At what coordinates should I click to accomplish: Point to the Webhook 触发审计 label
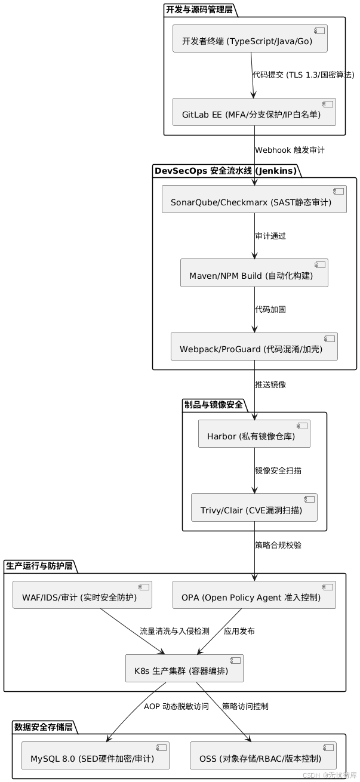pos(290,150)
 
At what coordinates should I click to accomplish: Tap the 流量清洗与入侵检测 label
pos(174,631)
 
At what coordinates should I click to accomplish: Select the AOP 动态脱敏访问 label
pos(176,706)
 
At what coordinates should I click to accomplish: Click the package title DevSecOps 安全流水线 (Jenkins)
pos(225,171)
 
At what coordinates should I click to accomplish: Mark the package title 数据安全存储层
pos(43,726)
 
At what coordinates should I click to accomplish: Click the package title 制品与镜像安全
pos(214,405)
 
